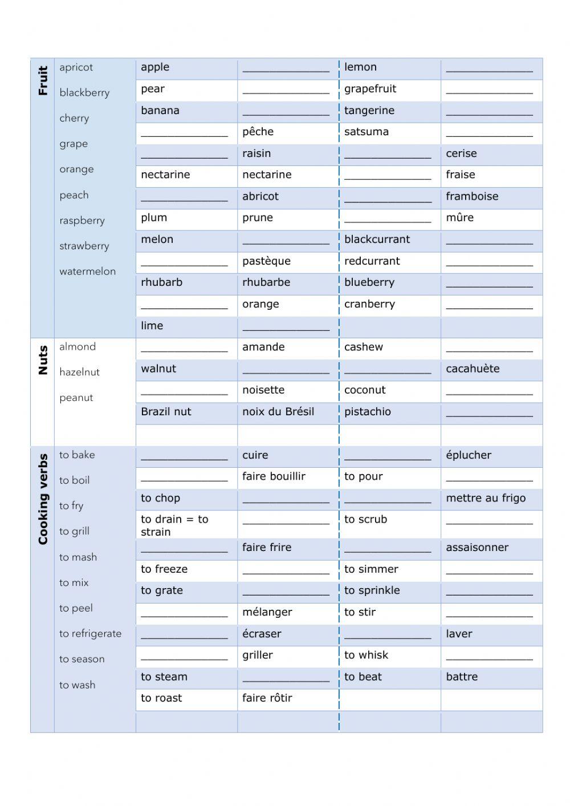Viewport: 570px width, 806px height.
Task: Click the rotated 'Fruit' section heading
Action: pos(43,80)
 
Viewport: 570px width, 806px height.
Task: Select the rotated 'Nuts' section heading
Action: pos(43,361)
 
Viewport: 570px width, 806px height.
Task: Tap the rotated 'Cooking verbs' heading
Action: pos(43,499)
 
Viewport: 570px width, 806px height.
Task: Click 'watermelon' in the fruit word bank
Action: pos(87,272)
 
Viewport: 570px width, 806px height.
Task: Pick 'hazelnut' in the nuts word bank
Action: pos(79,372)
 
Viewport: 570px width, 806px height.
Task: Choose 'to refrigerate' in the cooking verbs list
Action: pos(90,634)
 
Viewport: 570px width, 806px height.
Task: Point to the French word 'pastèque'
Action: pos(266,261)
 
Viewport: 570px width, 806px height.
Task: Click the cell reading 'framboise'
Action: pos(472,196)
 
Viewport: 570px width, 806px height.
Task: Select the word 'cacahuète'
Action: pos(473,368)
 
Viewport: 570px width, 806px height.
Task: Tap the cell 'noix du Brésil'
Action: pos(278,412)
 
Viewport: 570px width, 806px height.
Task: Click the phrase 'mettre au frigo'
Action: pos(486,498)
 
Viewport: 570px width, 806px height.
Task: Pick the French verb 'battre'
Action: pos(462,677)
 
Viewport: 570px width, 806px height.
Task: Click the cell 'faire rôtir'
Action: pos(267,698)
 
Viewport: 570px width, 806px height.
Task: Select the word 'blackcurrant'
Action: pos(377,240)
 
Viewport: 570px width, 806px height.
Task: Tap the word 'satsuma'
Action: pos(367,132)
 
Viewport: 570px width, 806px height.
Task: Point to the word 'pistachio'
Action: pos(368,412)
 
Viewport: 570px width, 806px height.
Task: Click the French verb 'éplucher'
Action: pos(469,455)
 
